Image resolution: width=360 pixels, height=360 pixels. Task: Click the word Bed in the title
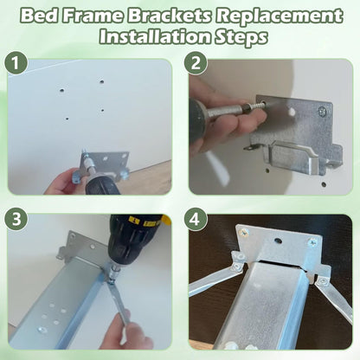(40, 16)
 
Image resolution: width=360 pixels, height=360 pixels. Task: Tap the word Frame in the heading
(93, 16)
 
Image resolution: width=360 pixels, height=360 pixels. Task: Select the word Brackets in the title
(170, 16)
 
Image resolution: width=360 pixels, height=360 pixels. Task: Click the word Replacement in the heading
(280, 16)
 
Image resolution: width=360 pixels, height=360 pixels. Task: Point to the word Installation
(155, 36)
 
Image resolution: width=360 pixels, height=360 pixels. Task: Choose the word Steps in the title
(241, 37)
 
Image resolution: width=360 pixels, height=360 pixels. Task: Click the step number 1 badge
(16, 63)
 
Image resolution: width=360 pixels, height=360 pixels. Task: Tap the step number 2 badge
(196, 63)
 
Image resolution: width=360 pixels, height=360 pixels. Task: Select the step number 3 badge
(16, 218)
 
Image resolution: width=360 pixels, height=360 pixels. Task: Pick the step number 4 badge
(196, 218)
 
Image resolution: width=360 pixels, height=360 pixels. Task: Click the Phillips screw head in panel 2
(323, 112)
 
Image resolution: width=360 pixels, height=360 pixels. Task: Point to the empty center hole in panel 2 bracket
(292, 112)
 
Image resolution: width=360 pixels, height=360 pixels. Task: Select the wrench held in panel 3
(119, 300)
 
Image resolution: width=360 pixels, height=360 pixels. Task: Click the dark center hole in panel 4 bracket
(279, 241)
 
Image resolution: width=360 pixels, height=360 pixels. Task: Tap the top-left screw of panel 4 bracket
(244, 233)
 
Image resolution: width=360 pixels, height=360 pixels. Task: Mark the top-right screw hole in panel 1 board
(101, 81)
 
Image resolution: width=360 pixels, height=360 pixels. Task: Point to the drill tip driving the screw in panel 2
(248, 107)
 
